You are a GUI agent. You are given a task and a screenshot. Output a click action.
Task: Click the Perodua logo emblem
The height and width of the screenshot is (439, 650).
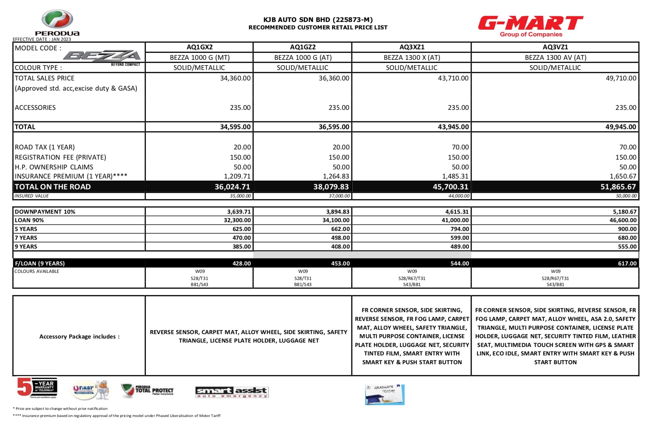coord(57,19)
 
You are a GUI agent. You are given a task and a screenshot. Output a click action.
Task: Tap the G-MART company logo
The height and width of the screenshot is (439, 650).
coord(530,26)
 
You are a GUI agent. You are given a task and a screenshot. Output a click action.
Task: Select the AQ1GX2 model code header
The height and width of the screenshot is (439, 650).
coord(199,47)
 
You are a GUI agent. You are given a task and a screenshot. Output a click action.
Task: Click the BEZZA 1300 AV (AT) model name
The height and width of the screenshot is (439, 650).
coord(555,57)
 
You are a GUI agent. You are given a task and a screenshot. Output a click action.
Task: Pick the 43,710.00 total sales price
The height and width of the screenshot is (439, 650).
coord(453,78)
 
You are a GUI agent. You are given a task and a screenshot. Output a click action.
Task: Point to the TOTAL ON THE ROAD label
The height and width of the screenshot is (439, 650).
coord(53,187)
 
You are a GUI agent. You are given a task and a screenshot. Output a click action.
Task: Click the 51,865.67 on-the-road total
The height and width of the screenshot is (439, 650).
coord(618,187)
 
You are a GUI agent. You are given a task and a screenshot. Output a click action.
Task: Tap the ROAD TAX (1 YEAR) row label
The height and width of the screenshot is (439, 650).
coord(45,147)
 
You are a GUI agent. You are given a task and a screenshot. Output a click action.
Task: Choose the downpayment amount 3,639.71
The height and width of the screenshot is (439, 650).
coord(239,212)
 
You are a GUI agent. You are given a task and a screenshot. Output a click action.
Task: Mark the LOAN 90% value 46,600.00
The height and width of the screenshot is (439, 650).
coord(623,220)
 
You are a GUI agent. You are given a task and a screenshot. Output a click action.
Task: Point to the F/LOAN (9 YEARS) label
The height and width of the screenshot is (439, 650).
coord(40,263)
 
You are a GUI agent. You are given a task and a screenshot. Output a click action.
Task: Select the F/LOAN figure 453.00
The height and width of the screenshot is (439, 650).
coord(340,263)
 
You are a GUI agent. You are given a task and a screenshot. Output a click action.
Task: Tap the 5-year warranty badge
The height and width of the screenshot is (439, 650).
coord(37,388)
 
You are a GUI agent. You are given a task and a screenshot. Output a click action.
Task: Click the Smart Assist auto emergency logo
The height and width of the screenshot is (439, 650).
coord(232,392)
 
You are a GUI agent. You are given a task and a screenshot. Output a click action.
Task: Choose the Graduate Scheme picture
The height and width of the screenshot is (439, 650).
coord(384,394)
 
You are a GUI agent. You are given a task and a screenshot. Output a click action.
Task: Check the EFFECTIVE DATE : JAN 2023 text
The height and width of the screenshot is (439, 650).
coord(42,39)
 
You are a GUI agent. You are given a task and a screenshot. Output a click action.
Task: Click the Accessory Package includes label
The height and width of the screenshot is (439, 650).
coord(79,337)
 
